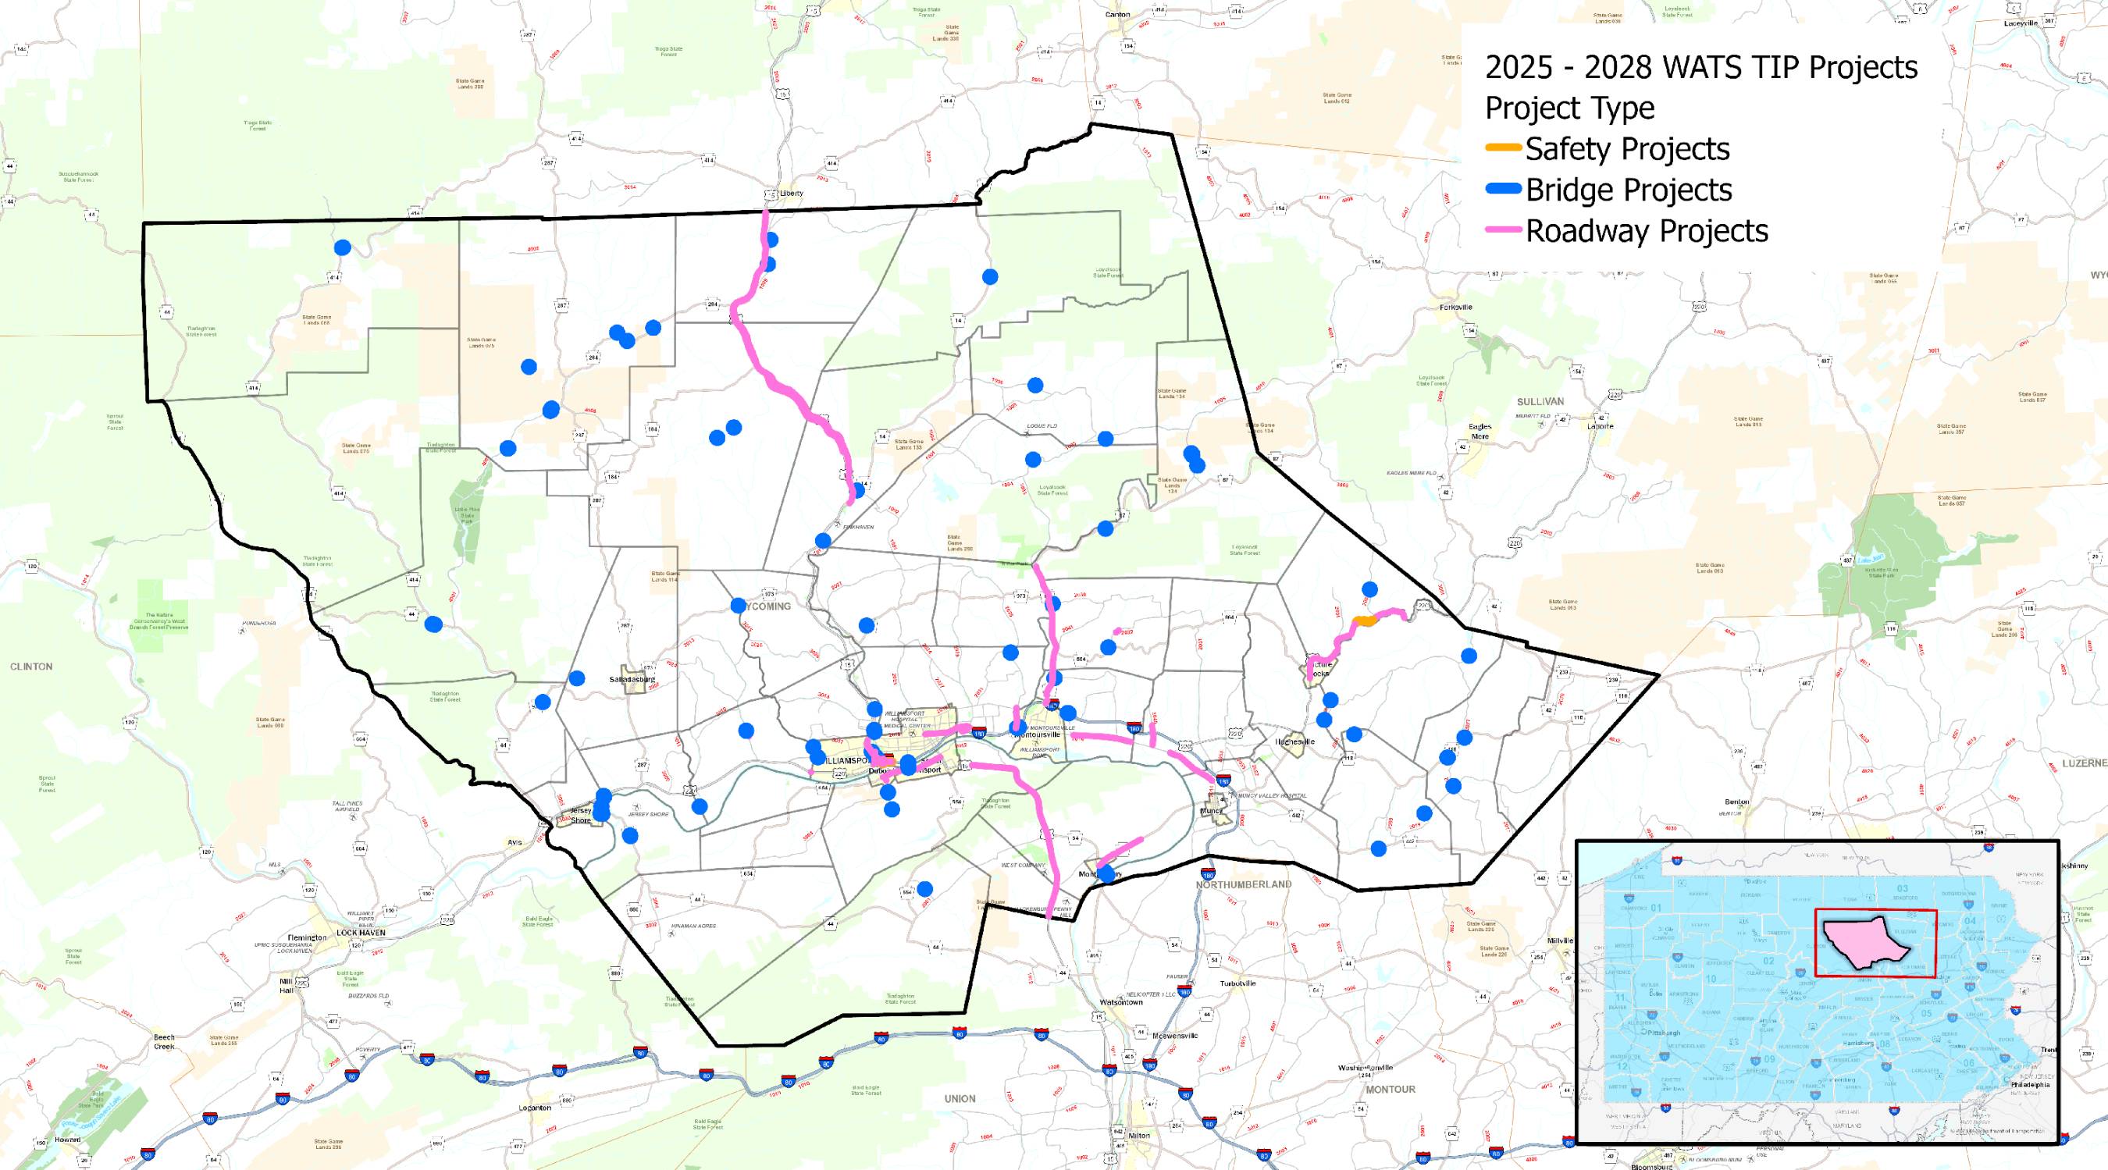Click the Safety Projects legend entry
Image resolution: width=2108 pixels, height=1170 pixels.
pyautogui.click(x=1626, y=149)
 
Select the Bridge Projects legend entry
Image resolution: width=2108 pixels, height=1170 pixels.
pyautogui.click(x=1628, y=190)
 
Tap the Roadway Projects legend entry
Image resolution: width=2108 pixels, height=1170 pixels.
pyautogui.click(x=1646, y=231)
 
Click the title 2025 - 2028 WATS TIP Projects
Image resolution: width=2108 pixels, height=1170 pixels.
pyautogui.click(x=1701, y=67)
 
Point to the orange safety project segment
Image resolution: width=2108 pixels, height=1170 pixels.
pyautogui.click(x=1364, y=622)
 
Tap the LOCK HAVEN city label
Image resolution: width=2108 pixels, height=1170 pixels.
pyautogui.click(x=360, y=932)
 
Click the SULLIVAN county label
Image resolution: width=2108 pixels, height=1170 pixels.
pyautogui.click(x=1540, y=402)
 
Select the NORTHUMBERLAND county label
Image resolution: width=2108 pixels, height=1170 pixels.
pyautogui.click(x=1243, y=884)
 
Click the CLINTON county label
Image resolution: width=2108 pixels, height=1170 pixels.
pyautogui.click(x=31, y=666)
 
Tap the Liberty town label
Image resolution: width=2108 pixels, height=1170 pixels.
pyautogui.click(x=792, y=193)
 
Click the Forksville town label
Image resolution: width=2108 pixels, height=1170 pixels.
pyautogui.click(x=1455, y=307)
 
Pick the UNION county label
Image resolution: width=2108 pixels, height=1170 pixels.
pyautogui.click(x=959, y=1098)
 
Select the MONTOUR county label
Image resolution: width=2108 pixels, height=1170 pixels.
pyautogui.click(x=1390, y=1089)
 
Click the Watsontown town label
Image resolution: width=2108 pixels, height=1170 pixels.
pyautogui.click(x=1120, y=1001)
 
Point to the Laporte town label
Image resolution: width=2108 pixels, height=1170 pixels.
pyautogui.click(x=1600, y=425)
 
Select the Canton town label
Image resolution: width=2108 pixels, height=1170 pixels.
pyautogui.click(x=1117, y=14)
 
